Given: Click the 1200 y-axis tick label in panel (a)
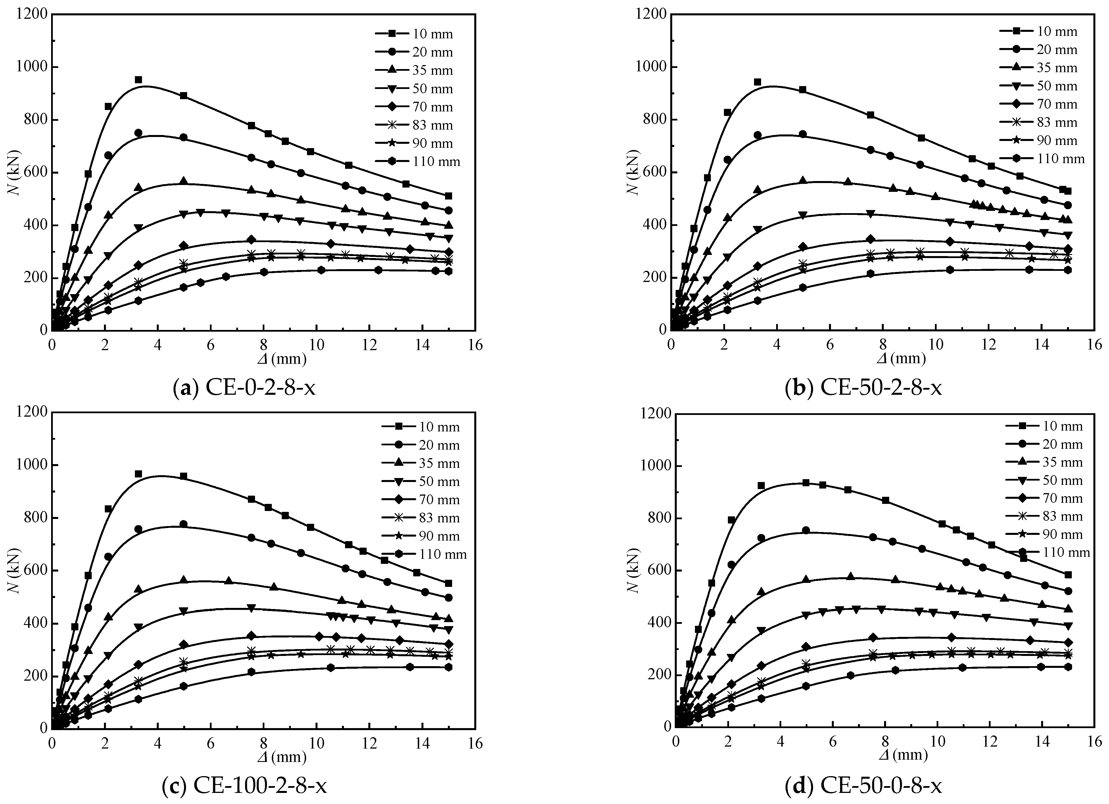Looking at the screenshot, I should click(31, 15).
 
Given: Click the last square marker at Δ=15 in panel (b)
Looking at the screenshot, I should click(1068, 191).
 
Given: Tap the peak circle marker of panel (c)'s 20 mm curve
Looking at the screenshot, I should click(183, 524).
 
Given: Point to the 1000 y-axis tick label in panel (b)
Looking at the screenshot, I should click(650, 67).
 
